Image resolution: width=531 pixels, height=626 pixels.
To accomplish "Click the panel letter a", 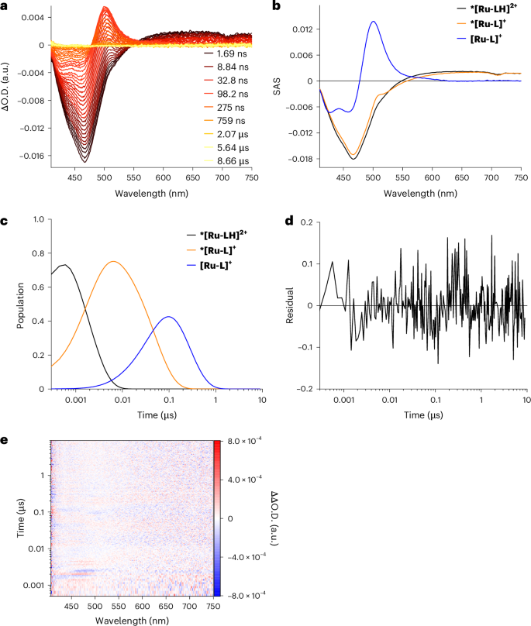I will [x=5, y=7].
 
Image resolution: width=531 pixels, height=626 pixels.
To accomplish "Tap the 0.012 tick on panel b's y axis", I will [x=302, y=29].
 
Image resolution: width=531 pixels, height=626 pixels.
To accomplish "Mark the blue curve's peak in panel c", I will [x=168, y=316].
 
